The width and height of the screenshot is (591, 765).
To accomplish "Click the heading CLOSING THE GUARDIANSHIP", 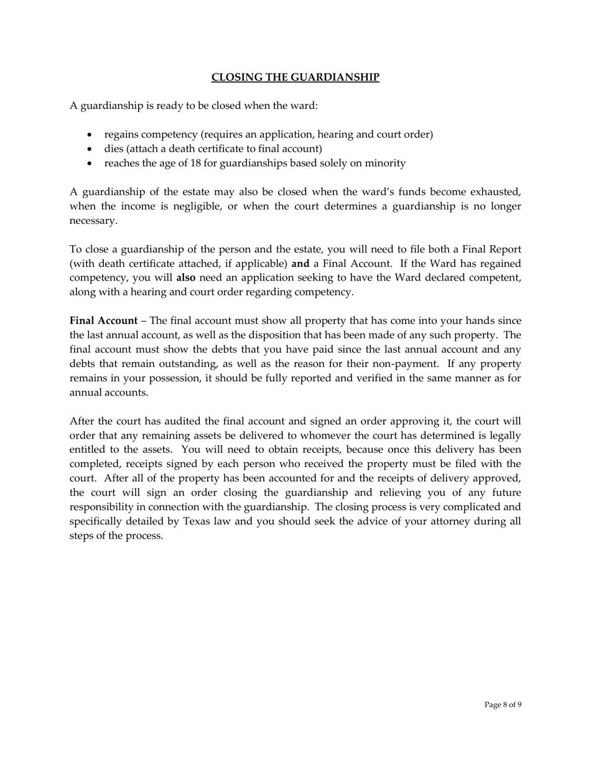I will (x=295, y=77).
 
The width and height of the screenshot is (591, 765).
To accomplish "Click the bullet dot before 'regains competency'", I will (x=91, y=135).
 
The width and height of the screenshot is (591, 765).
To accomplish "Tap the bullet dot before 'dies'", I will (x=91, y=149).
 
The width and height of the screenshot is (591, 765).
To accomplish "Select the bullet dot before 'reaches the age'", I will (x=91, y=164).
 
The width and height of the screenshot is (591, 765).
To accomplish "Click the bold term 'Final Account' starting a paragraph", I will (x=103, y=320).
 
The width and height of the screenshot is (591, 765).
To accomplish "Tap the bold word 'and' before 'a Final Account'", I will (x=300, y=263).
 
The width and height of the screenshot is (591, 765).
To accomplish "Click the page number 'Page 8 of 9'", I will (x=503, y=705).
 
